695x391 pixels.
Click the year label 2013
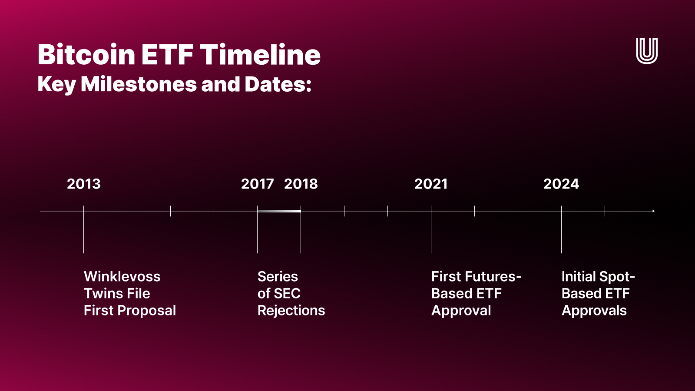click(83, 184)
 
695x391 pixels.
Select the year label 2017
click(257, 184)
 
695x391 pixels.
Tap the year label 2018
click(301, 184)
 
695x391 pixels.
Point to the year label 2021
click(431, 184)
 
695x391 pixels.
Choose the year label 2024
click(561, 184)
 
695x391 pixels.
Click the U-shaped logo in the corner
click(647, 51)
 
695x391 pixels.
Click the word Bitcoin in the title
click(86, 55)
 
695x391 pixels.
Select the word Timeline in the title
click(260, 55)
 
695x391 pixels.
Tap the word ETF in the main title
click(167, 55)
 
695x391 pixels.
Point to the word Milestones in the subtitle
click(139, 84)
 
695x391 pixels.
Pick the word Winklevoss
click(122, 277)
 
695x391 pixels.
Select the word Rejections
click(291, 311)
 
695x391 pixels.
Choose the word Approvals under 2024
click(594, 311)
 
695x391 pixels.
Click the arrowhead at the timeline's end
click(653, 211)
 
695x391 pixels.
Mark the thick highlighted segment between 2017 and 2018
click(279, 211)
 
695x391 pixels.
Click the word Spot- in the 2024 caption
click(616, 277)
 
